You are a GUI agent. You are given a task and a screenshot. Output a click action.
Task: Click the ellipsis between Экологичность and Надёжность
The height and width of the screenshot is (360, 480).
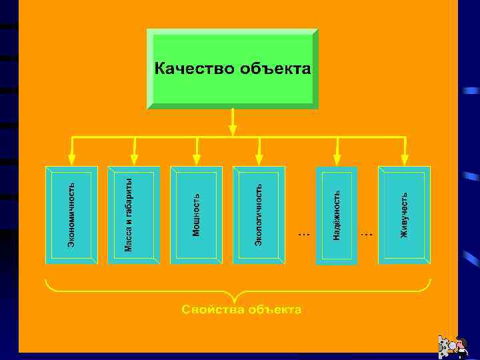point(303,234)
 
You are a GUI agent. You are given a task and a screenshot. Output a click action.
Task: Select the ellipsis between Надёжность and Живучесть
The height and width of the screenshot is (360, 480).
point(367,234)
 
